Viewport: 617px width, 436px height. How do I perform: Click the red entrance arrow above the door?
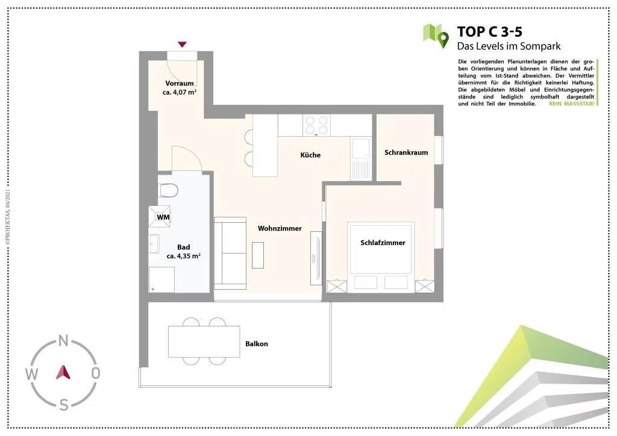182,45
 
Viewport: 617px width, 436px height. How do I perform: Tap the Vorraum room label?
180,83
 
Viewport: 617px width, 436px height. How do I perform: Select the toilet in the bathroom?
168,191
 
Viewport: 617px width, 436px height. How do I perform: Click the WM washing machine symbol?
159,217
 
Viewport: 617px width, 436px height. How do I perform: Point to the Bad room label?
183,248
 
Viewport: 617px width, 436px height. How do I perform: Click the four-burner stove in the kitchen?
317,125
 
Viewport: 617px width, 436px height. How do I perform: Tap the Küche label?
310,155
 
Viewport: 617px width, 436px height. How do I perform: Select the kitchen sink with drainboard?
360,159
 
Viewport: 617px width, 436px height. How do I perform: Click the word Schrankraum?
406,152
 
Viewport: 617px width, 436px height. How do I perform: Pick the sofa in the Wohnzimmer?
230,254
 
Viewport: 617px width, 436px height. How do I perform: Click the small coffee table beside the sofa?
258,255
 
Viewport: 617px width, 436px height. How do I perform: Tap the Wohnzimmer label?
280,228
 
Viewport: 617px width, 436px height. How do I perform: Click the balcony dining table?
204,341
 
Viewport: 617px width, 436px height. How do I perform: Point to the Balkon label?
257,344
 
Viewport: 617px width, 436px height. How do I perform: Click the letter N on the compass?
63,340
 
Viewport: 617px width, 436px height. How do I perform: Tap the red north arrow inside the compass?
63,372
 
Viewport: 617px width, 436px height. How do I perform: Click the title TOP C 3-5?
489,32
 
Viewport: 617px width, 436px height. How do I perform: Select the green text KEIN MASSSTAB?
571,104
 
